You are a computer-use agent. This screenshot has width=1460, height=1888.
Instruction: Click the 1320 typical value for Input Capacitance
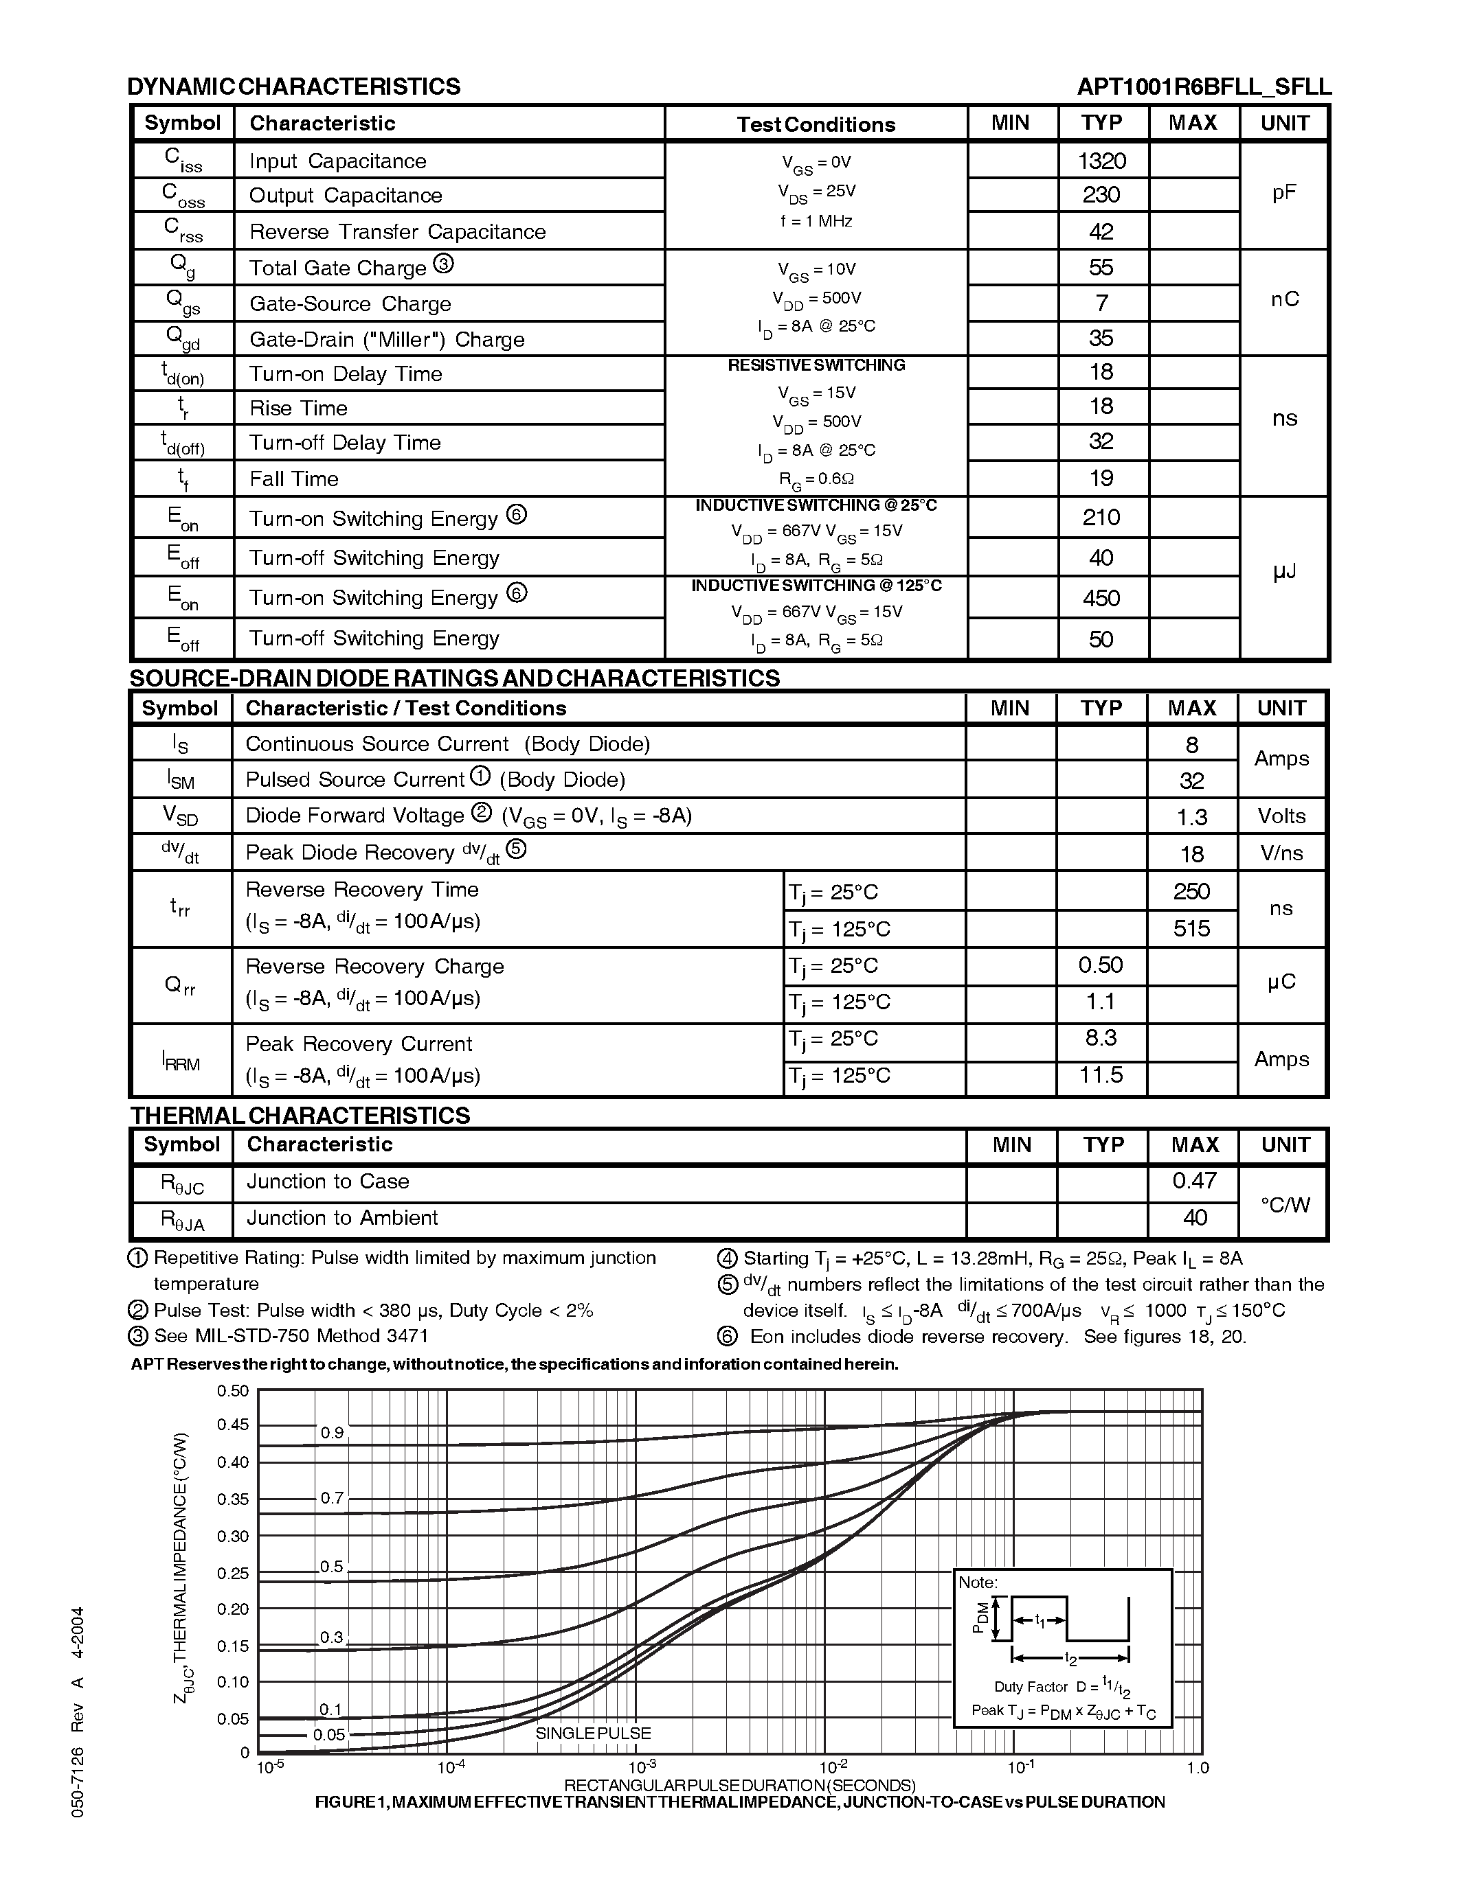pos(1102,161)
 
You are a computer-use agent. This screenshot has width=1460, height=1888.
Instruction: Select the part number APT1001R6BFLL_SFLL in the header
pos(1203,87)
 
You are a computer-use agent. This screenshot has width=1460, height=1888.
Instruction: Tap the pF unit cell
pos(1283,194)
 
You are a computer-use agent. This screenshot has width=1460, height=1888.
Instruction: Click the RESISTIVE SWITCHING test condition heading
pos(816,366)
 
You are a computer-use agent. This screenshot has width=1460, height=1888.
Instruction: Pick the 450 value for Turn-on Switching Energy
pos(1101,598)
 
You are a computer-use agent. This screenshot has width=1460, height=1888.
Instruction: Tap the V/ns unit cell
pos(1281,853)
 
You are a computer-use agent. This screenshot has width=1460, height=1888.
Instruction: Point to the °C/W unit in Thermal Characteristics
pos(1284,1204)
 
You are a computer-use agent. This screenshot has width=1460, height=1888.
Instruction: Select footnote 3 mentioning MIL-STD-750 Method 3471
pos(291,1335)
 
